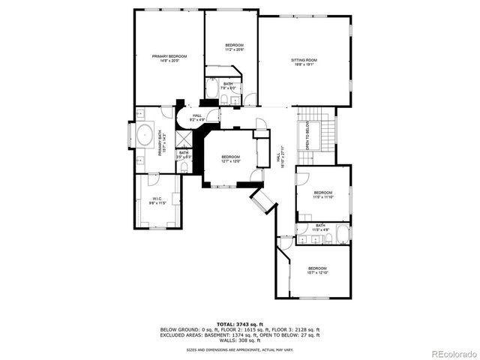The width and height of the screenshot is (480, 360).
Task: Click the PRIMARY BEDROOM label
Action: pos(169,58)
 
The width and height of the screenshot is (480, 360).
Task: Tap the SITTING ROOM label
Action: pos(304,62)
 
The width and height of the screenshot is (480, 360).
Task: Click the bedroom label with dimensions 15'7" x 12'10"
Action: pos(316,270)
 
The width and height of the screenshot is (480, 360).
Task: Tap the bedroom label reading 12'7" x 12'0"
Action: pos(230,159)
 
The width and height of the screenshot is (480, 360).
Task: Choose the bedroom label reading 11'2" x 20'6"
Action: pos(235,48)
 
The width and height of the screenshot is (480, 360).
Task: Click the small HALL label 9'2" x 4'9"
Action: pos(197,118)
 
